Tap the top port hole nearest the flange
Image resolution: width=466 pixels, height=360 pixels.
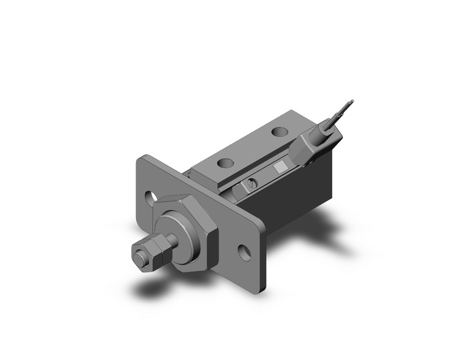click(226, 164)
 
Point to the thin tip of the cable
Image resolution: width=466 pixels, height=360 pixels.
click(350, 104)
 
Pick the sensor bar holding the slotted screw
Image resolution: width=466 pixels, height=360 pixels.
click(264, 178)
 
